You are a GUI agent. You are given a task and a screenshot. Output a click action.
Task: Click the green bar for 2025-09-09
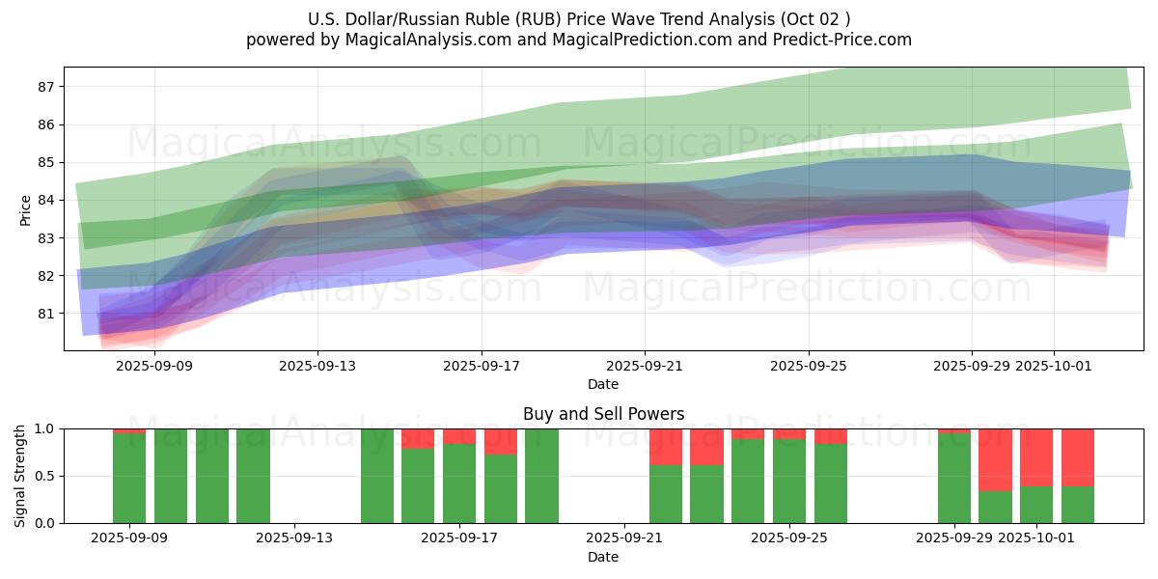point(129,479)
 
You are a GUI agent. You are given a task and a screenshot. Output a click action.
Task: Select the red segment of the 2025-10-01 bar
point(1036,457)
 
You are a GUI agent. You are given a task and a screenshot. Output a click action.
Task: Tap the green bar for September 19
point(541,476)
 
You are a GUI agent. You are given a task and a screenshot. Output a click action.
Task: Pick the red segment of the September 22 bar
point(666,447)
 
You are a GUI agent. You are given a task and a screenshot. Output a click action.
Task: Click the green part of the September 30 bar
point(995,507)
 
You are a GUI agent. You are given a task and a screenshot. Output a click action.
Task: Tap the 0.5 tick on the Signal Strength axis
point(47,476)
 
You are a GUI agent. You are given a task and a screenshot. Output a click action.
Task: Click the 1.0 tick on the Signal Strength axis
point(47,428)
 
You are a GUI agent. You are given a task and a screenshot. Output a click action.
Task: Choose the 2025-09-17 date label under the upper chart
point(482,367)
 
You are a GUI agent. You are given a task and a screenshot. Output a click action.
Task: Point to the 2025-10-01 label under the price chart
point(1054,367)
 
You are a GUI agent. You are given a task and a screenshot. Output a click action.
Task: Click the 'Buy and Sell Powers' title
point(603,414)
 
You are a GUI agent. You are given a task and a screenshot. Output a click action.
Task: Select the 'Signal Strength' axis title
point(20,476)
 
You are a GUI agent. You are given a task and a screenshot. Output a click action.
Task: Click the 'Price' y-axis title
point(25,209)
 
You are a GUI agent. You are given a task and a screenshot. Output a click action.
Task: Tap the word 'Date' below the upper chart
point(603,384)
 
